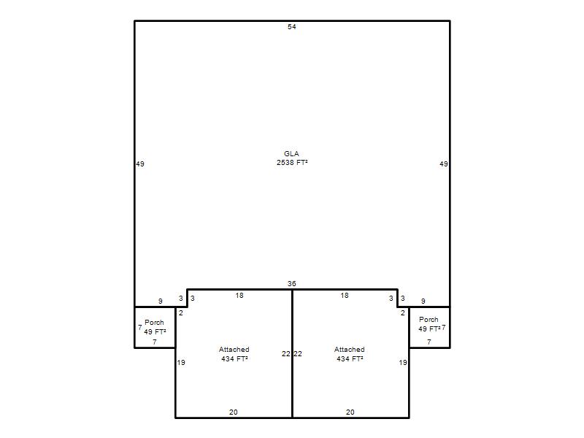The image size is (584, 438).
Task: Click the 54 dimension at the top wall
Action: (x=291, y=27)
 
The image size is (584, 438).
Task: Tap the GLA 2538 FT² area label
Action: (x=292, y=158)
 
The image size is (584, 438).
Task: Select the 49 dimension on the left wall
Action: (x=140, y=164)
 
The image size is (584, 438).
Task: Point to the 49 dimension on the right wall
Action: (x=444, y=164)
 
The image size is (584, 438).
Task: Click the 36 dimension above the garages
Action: (x=291, y=284)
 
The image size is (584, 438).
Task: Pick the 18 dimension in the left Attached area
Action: (x=239, y=296)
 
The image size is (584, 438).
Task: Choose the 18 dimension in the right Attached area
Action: (x=345, y=296)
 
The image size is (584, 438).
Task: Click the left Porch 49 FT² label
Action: (x=155, y=327)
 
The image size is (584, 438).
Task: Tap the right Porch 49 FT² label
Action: (x=429, y=324)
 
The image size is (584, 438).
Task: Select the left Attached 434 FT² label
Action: (x=234, y=354)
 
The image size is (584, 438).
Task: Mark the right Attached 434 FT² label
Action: (x=350, y=354)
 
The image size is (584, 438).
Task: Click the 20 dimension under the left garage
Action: (x=233, y=412)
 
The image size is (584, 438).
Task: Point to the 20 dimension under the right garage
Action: (x=350, y=412)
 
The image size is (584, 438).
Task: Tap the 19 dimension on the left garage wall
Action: (x=181, y=362)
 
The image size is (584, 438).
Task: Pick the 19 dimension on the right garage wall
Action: (x=403, y=362)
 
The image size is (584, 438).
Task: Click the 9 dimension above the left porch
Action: (x=161, y=301)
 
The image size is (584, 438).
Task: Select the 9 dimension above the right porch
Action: (x=423, y=301)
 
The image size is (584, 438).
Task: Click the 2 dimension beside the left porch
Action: (x=181, y=313)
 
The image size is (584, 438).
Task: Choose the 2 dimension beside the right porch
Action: (x=403, y=313)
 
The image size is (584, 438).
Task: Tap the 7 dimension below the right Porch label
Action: (x=429, y=342)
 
